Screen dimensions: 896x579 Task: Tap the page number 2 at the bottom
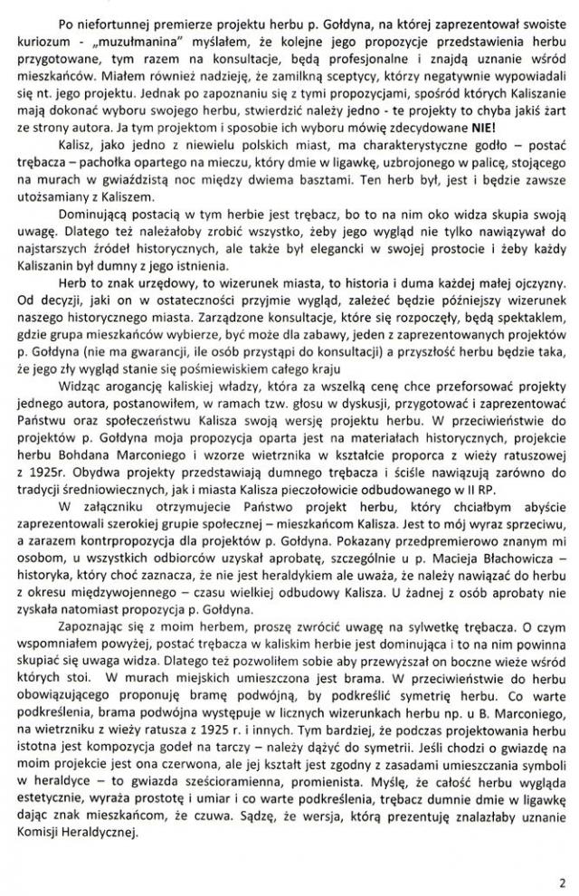pos(561,878)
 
